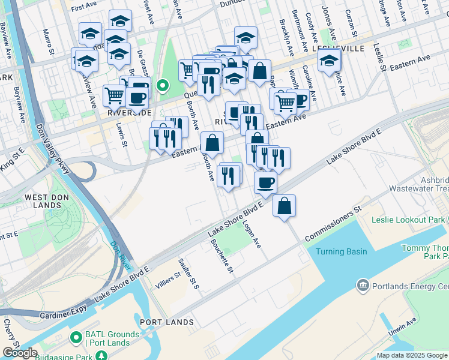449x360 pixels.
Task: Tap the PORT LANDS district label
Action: coord(167,322)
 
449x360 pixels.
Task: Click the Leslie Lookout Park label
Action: coord(408,220)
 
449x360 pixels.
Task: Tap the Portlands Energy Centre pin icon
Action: coord(363,284)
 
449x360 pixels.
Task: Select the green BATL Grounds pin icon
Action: coord(76,337)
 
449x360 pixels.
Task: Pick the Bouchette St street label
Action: coord(220,256)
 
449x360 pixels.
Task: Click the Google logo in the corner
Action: coord(20,353)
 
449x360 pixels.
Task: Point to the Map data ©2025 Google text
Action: coord(412,355)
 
